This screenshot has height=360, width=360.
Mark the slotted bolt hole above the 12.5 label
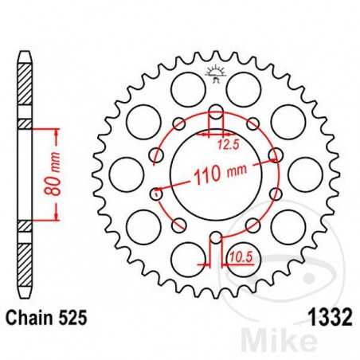pos(214,112)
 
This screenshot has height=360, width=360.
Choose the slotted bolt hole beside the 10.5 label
pos(214,236)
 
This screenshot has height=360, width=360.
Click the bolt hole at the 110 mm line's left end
pos(156,193)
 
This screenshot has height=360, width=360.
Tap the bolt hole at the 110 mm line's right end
pos(275,155)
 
